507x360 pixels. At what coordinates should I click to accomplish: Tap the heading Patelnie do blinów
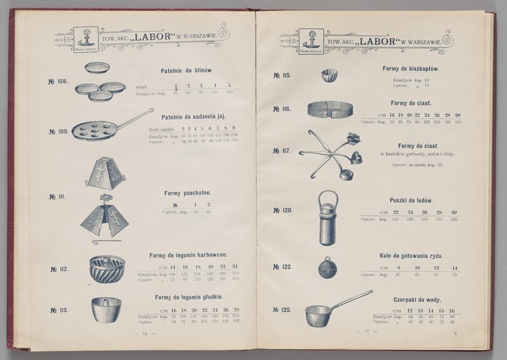click(x=187, y=71)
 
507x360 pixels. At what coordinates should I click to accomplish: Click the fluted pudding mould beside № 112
click(x=106, y=268)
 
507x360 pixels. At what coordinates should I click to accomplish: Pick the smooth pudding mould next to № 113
click(x=105, y=309)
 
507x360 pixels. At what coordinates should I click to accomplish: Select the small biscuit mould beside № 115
click(x=329, y=74)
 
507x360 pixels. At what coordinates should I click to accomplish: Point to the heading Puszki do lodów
click(x=411, y=201)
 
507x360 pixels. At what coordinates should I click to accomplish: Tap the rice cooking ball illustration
click(x=328, y=267)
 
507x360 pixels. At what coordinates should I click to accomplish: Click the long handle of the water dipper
click(x=352, y=298)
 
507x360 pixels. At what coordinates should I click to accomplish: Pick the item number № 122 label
click(x=282, y=267)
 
